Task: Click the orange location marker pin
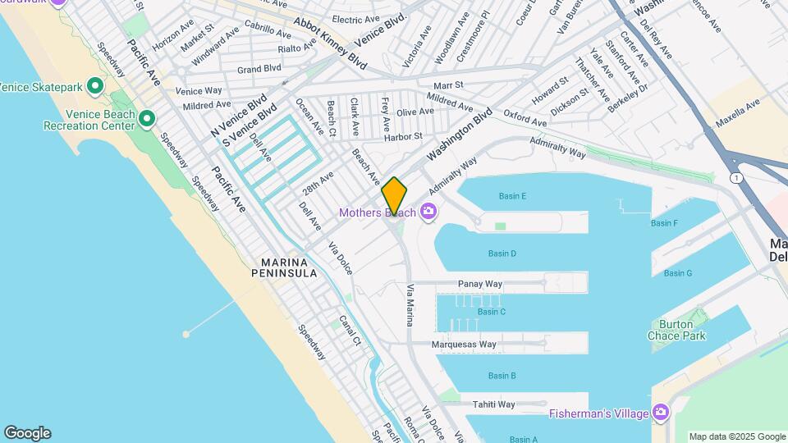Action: tap(394, 196)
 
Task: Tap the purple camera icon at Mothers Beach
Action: tap(428, 213)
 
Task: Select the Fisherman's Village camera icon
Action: tap(661, 413)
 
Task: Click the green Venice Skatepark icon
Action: tap(95, 85)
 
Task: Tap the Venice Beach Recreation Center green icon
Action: tap(147, 120)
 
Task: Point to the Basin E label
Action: tap(512, 196)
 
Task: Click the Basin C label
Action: tap(491, 312)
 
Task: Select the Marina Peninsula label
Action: tap(289, 268)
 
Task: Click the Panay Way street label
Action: tap(481, 284)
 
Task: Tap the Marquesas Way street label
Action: tap(464, 345)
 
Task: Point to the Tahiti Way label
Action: tap(493, 404)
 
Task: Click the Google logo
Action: tap(27, 433)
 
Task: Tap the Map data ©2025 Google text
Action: tap(736, 436)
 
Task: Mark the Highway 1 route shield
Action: tap(736, 178)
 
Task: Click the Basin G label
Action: tap(678, 273)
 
